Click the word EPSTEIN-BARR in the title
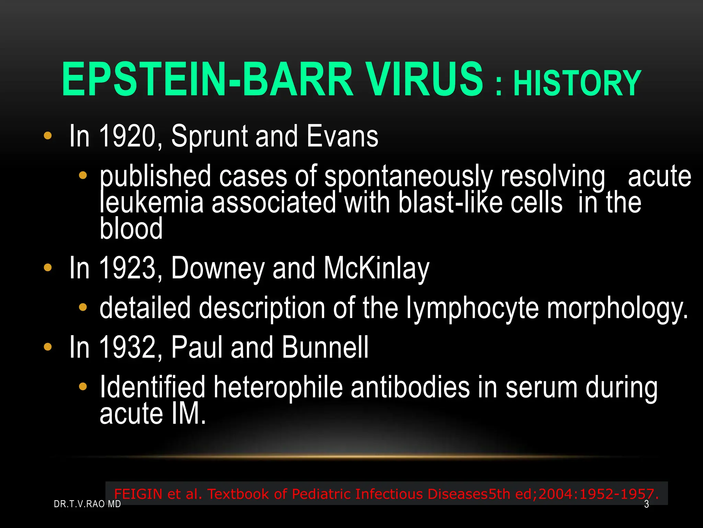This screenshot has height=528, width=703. tap(207, 80)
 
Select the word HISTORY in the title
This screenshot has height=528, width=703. tap(577, 83)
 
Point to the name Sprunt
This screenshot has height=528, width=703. tap(209, 137)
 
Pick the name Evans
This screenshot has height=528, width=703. tap(342, 136)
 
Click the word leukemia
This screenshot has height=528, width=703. tap(151, 202)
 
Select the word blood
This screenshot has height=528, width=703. tap(131, 229)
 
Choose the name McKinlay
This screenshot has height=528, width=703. tap(377, 269)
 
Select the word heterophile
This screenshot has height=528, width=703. tap(278, 387)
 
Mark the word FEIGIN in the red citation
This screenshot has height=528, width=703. tap(138, 494)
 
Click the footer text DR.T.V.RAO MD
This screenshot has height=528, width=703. tap(88, 504)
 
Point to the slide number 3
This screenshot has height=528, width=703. tap(647, 504)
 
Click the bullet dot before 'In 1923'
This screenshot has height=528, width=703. tap(48, 267)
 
